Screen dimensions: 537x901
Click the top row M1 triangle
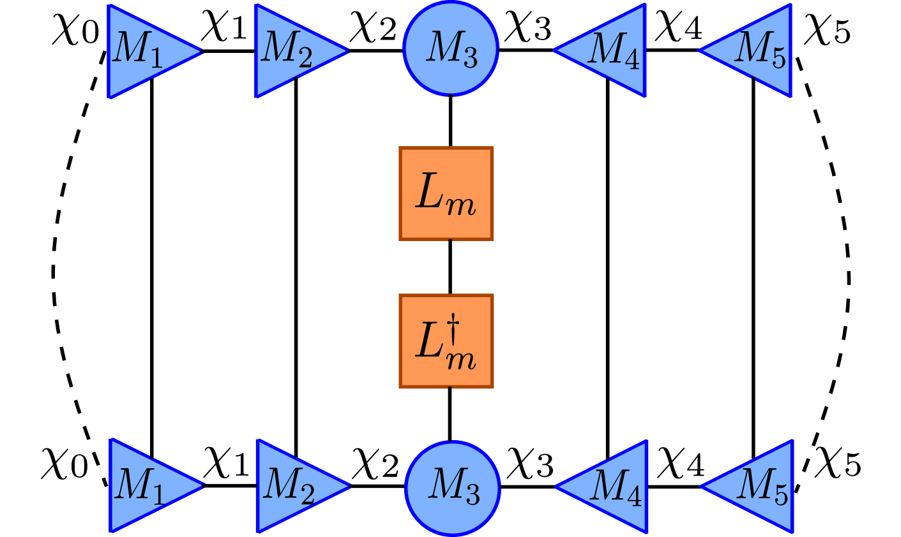140,51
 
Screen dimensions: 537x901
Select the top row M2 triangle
287,51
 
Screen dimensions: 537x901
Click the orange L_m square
446,193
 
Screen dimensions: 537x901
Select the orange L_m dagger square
446,341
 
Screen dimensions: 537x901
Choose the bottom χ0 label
64,464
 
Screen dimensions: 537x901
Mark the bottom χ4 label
681,464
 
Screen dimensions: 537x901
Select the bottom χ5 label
837,462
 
